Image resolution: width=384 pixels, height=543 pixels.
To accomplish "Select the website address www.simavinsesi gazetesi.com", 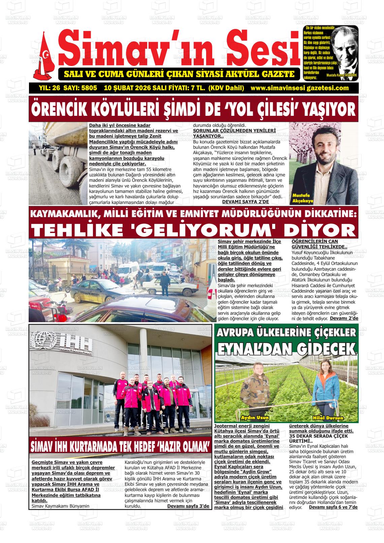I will point(299,88).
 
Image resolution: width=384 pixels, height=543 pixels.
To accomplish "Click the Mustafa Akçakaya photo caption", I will point(303,199).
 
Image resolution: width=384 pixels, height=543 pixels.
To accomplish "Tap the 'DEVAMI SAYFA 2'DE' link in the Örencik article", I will point(245,202).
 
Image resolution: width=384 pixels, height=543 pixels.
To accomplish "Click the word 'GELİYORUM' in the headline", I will point(198,230).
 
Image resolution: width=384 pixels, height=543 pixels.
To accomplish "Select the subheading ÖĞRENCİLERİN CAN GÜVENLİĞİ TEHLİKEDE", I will point(315,244).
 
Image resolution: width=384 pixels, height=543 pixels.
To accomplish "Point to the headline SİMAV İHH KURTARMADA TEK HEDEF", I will point(121,446).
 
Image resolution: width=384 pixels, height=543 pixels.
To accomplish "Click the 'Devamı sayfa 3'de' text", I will point(188,506).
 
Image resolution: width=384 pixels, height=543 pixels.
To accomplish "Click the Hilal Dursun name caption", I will point(328,418).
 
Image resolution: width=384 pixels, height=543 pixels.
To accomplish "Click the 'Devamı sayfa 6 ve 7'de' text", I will point(333,507).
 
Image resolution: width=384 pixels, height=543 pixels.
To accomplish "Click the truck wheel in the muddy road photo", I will point(69,167).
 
